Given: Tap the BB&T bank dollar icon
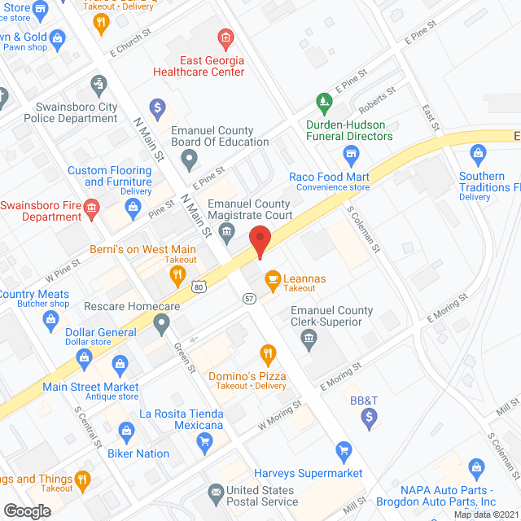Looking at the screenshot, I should click(x=370, y=418).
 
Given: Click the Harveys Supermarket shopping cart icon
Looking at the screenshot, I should click(x=344, y=450).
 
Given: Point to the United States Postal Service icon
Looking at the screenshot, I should click(x=215, y=491).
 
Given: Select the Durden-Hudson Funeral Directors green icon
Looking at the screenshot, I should click(x=325, y=103).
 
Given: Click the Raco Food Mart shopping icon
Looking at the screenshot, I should click(x=351, y=154).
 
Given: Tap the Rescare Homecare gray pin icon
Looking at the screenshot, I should click(x=162, y=326).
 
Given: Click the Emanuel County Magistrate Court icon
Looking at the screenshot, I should click(x=229, y=234).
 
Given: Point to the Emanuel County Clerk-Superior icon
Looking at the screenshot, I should click(x=308, y=339).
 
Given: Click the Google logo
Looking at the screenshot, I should click(x=27, y=510).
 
